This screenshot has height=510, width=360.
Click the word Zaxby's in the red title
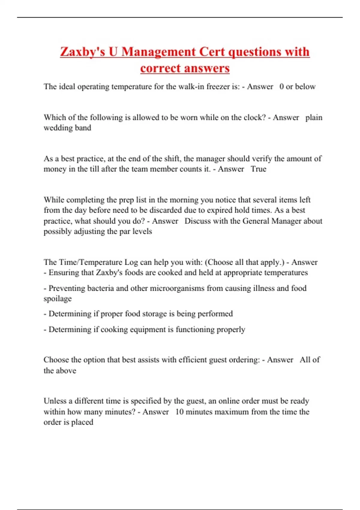click(x=82, y=52)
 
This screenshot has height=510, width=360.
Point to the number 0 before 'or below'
click(x=281, y=87)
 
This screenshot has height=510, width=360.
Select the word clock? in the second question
click(x=255, y=117)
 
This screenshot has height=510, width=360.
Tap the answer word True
click(x=258, y=169)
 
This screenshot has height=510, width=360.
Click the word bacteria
click(x=100, y=288)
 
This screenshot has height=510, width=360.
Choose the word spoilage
click(x=58, y=299)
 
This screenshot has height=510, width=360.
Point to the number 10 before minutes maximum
click(x=179, y=412)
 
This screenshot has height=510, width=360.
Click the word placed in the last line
click(x=82, y=422)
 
